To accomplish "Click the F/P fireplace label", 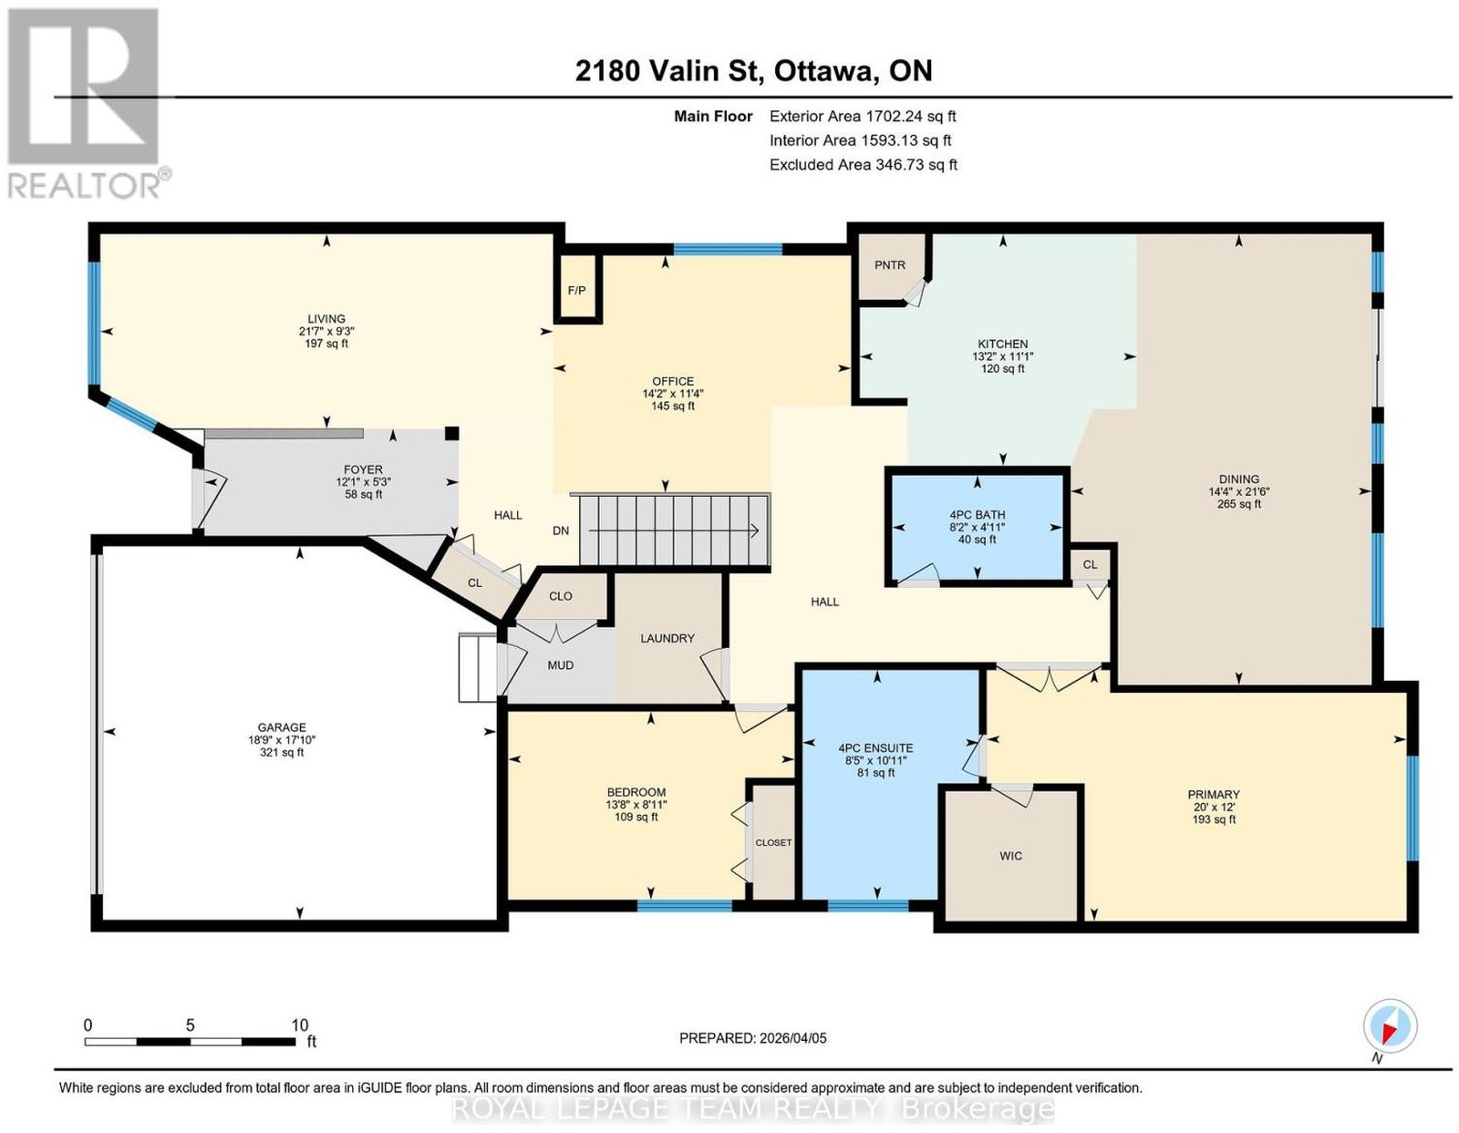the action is click(576, 291).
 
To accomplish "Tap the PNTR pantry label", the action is click(889, 265).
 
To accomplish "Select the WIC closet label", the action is click(1010, 855).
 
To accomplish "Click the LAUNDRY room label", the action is click(667, 638).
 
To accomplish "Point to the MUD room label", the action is click(560, 664).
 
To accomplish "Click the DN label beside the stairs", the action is click(561, 530).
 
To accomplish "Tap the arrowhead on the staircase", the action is click(754, 531).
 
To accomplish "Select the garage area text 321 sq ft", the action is click(282, 752).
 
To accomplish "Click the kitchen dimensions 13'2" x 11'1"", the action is click(1002, 356).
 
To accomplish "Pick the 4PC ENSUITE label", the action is click(875, 748).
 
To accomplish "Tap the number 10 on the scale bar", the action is click(299, 1025).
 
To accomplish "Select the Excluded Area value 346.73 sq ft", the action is click(916, 164).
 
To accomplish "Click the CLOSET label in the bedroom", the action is click(772, 842).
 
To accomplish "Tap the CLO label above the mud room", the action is click(561, 596).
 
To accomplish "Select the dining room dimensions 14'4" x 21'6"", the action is click(1238, 491).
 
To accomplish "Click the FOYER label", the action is click(363, 469).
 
